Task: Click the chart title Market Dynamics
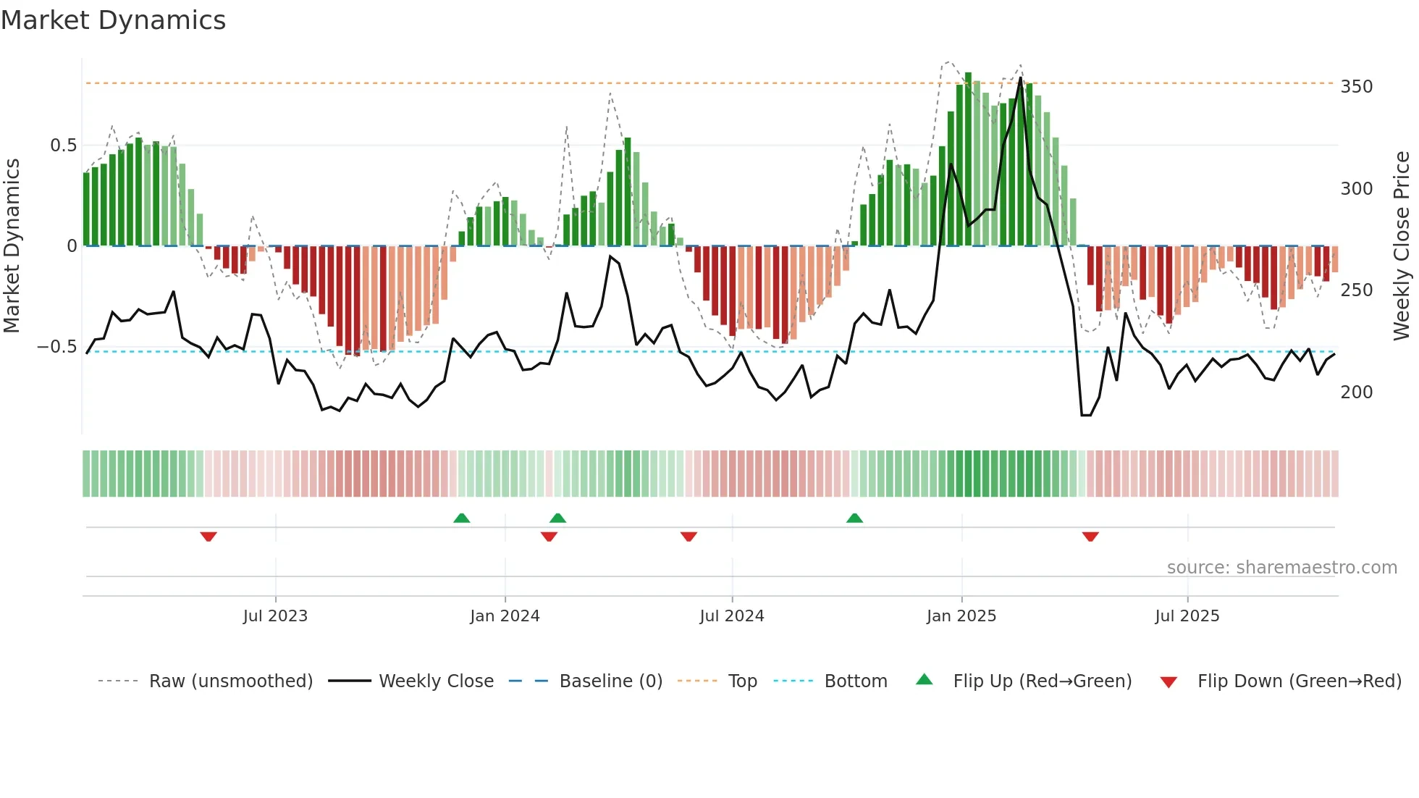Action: click(x=114, y=20)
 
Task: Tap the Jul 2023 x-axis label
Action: click(x=275, y=616)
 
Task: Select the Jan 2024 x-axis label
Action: click(x=505, y=616)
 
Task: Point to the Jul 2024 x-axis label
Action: click(x=731, y=616)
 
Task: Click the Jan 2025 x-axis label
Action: click(x=961, y=616)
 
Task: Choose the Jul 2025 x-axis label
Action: click(x=1187, y=616)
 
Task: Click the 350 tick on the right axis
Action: click(x=1356, y=87)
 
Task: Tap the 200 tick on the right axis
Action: click(x=1356, y=392)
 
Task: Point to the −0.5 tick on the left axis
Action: click(x=56, y=347)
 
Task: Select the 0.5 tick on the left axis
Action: click(x=63, y=146)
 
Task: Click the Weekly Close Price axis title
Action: click(x=1402, y=246)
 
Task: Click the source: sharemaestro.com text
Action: click(x=1281, y=568)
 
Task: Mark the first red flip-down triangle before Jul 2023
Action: click(x=209, y=537)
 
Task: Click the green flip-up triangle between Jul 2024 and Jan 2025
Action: click(x=854, y=518)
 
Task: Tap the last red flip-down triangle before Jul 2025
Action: click(x=1090, y=537)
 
